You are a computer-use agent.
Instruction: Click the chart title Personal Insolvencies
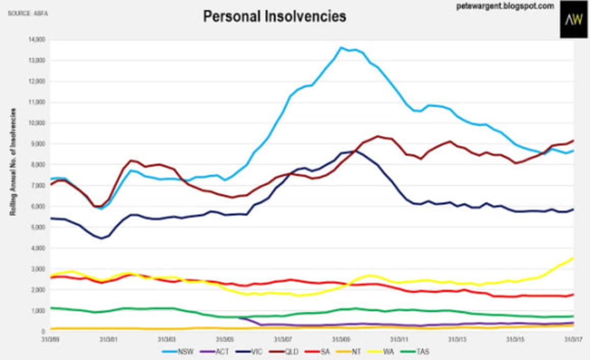(x=275, y=16)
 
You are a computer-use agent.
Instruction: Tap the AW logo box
(x=573, y=20)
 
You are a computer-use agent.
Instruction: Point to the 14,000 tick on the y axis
(x=39, y=39)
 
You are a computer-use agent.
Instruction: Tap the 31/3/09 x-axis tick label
(x=341, y=338)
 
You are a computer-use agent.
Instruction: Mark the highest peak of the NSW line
(x=341, y=48)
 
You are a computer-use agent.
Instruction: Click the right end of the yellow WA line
(x=573, y=258)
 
